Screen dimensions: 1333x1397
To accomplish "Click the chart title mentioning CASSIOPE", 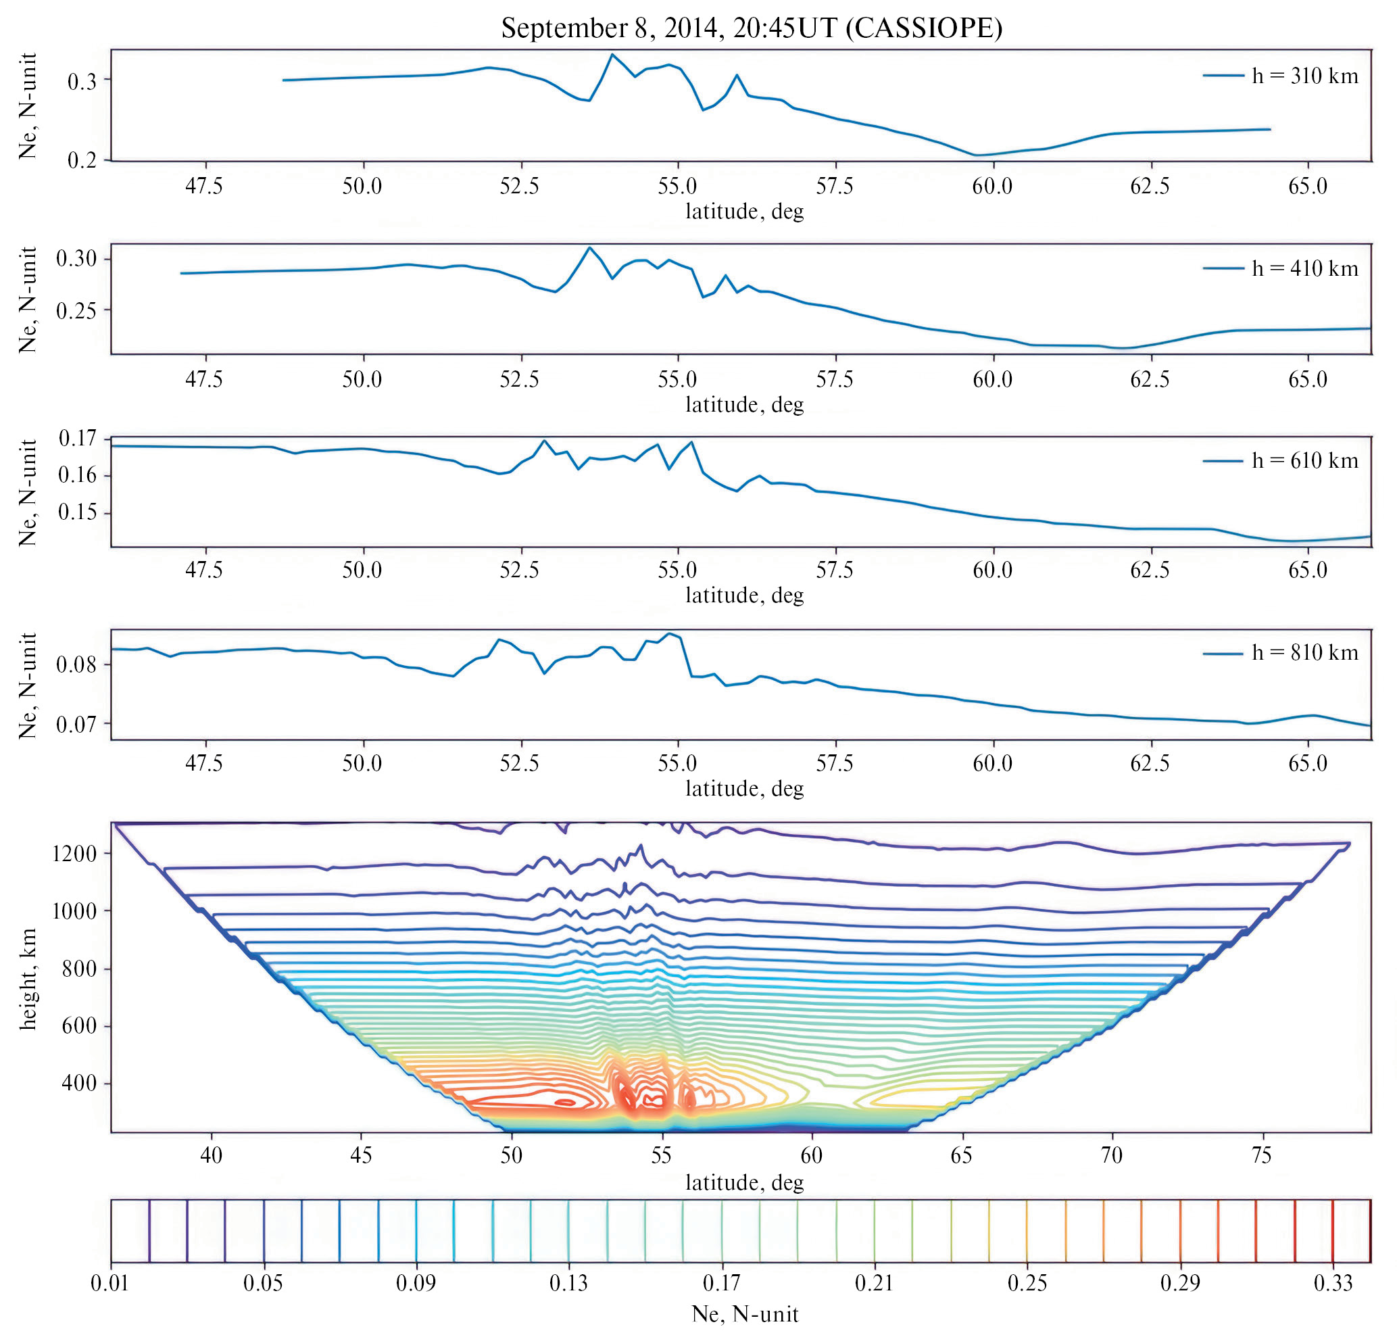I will click(751, 28).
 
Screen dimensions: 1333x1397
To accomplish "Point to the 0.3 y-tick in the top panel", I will click(82, 82).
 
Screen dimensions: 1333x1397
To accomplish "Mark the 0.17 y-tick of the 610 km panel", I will click(78, 439).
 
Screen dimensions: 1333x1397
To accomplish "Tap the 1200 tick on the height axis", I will click(74, 853).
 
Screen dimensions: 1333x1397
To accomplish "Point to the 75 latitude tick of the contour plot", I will click(1261, 1155).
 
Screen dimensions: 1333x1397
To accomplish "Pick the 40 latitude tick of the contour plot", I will click(211, 1155).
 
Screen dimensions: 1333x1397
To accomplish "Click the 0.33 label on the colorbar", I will click(1332, 1283).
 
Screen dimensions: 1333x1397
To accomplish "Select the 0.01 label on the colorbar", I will click(110, 1283).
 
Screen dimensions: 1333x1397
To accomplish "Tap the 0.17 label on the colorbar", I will click(721, 1283).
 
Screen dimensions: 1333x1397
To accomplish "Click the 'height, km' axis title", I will click(28, 978).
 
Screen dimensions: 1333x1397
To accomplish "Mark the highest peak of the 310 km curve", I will click(612, 54).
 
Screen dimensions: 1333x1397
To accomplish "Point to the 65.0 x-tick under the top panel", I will click(1308, 186).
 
